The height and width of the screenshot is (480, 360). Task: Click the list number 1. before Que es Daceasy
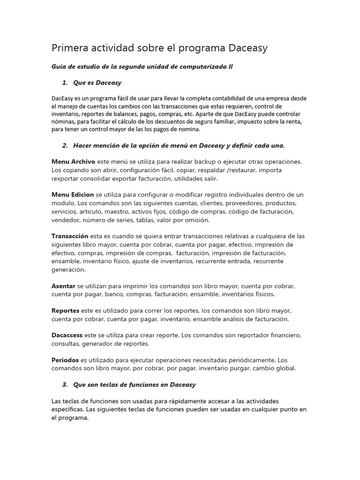65,83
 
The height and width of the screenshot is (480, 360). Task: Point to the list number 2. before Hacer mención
65,145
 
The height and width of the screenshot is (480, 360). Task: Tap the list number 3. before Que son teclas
65,385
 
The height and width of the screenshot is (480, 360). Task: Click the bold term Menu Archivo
73,162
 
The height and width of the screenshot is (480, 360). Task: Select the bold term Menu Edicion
73,195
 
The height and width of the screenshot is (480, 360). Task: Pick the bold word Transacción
70,236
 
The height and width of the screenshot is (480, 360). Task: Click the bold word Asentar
63,286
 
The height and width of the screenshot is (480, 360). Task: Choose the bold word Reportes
65,311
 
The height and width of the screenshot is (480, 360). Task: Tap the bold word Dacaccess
67,336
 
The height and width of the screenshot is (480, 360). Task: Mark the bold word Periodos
65,360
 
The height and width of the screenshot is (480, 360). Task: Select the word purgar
250,368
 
